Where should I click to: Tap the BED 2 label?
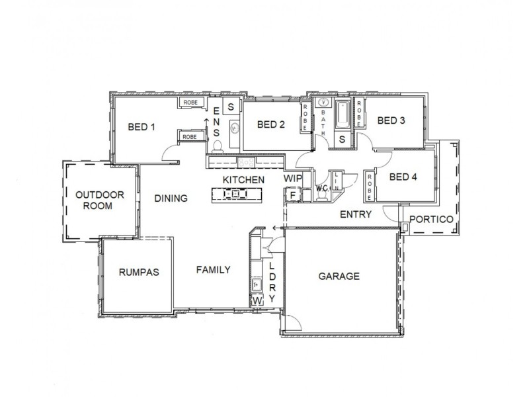tap(270, 124)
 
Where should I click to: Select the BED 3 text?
tap(391, 120)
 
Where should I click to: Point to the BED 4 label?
tap(403, 177)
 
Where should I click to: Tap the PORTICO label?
tap(430, 219)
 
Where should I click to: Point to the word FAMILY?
tap(213, 269)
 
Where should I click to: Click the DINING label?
tap(171, 198)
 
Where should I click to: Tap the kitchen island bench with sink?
tap(236, 194)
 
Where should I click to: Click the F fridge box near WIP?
tap(292, 195)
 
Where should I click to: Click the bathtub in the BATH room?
tap(343, 116)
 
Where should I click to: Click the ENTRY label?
tap(355, 214)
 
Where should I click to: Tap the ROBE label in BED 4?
tap(368, 185)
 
